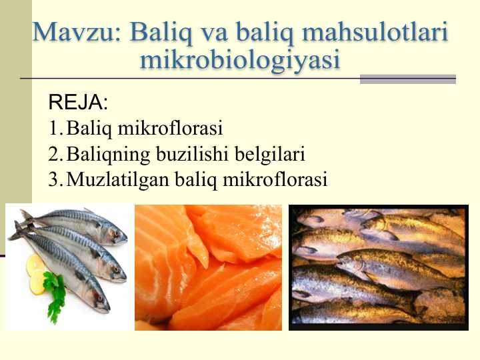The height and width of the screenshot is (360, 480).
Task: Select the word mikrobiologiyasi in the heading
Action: (240, 59)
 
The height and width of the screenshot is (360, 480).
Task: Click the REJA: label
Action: (78, 103)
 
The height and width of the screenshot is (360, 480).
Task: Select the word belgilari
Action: (269, 154)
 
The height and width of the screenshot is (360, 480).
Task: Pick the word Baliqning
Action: (109, 155)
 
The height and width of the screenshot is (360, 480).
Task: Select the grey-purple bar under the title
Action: (407, 79)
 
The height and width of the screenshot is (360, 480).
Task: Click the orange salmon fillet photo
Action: (208, 267)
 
